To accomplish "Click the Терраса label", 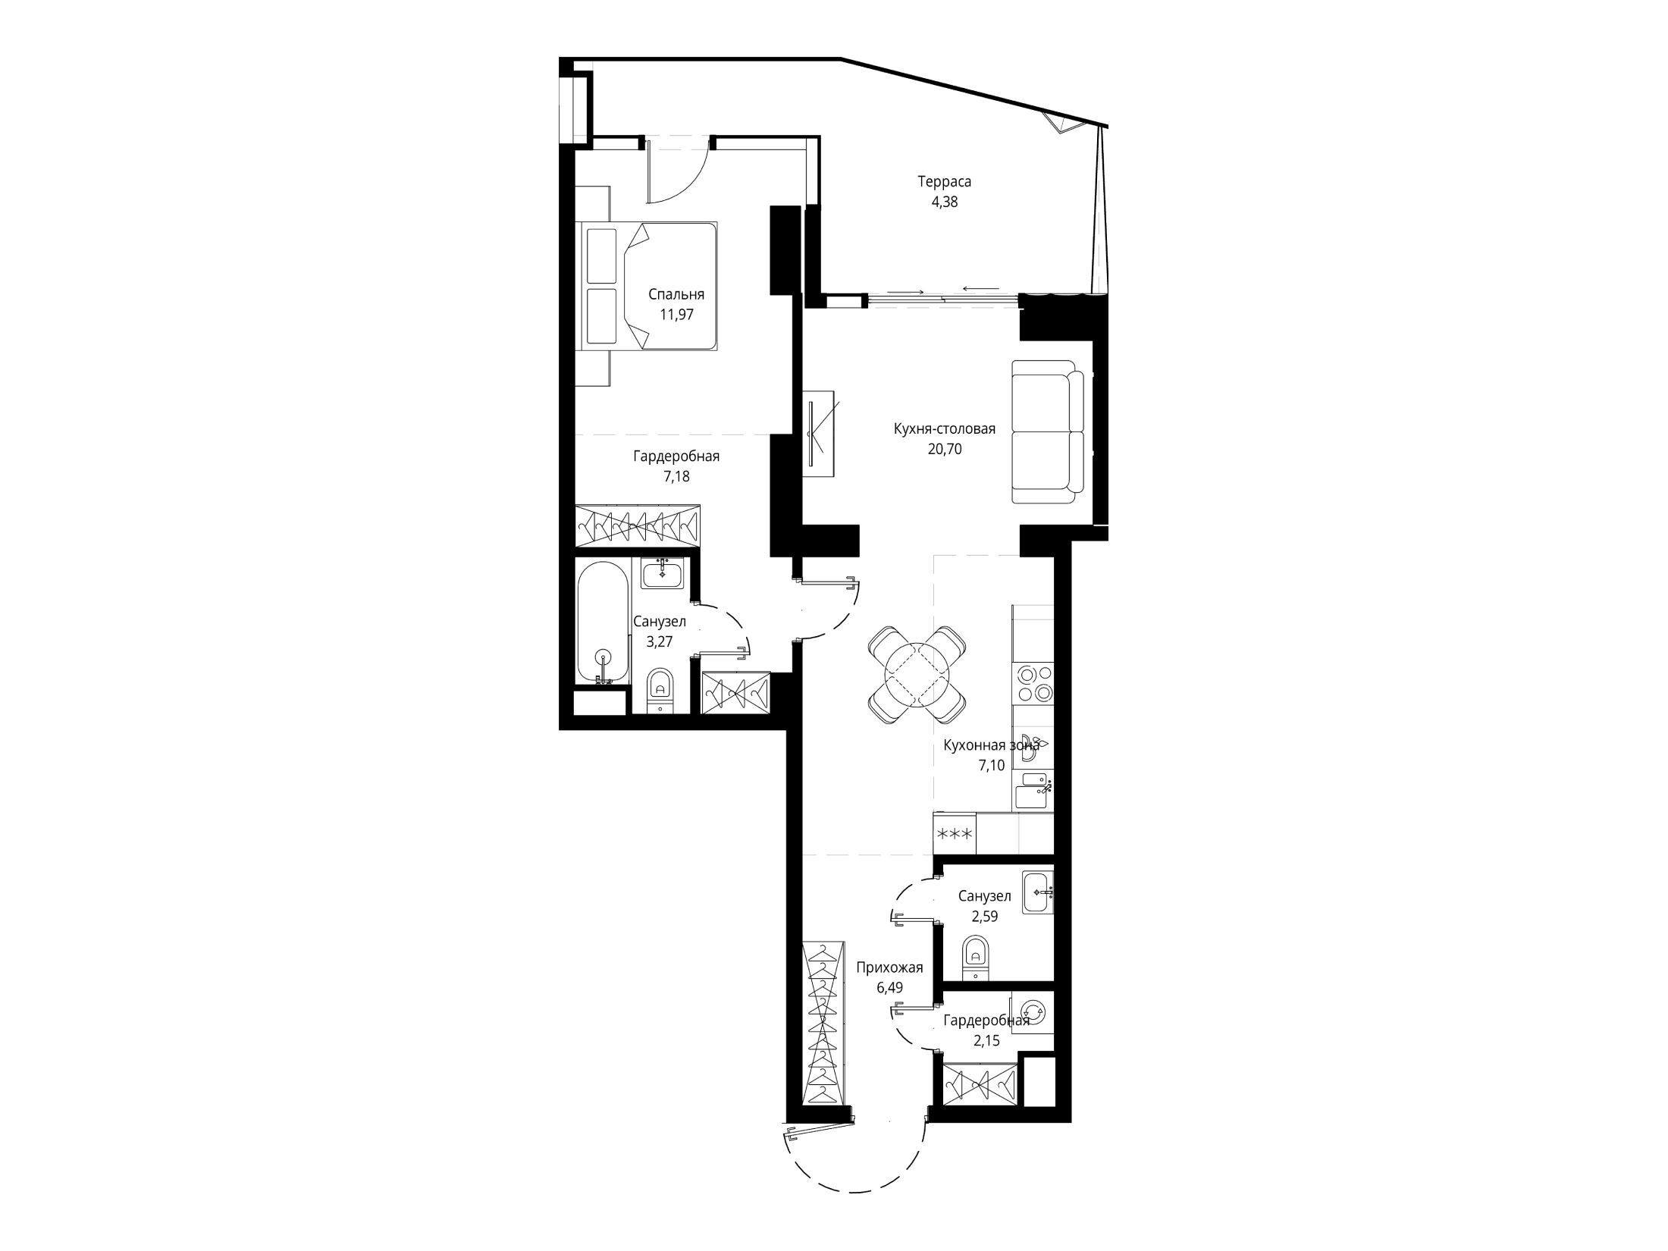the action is [944, 182].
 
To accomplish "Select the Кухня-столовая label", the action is [944, 429].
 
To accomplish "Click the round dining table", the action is [917, 674].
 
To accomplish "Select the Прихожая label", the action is [889, 967].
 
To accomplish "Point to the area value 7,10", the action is [992, 766].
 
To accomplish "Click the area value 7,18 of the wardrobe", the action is [676, 477].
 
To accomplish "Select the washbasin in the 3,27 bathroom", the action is [662, 574].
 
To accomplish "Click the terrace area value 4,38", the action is [944, 202].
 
